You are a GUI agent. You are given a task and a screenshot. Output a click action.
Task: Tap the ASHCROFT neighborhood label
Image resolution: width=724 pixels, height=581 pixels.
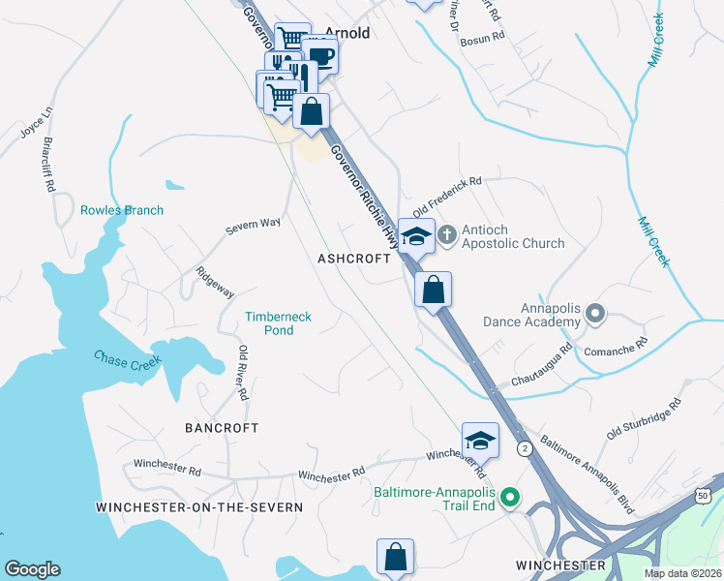coord(353,259)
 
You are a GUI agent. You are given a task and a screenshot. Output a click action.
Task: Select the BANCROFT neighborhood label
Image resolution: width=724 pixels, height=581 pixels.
coord(222,427)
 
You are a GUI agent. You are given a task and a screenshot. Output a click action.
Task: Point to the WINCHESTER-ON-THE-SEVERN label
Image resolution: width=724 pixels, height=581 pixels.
coord(199,506)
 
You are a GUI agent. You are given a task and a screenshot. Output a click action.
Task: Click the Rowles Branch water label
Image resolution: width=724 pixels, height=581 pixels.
coord(122,210)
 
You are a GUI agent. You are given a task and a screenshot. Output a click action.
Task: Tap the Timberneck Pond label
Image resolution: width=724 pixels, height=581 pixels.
coord(282,323)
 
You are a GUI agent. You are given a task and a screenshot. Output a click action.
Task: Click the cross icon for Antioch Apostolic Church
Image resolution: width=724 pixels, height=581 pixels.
coord(447,233)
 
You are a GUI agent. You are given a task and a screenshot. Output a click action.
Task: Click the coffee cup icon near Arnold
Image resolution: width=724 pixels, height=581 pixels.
coord(319,56)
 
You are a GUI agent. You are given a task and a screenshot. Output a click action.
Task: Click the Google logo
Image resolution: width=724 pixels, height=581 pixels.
coord(32,569)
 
